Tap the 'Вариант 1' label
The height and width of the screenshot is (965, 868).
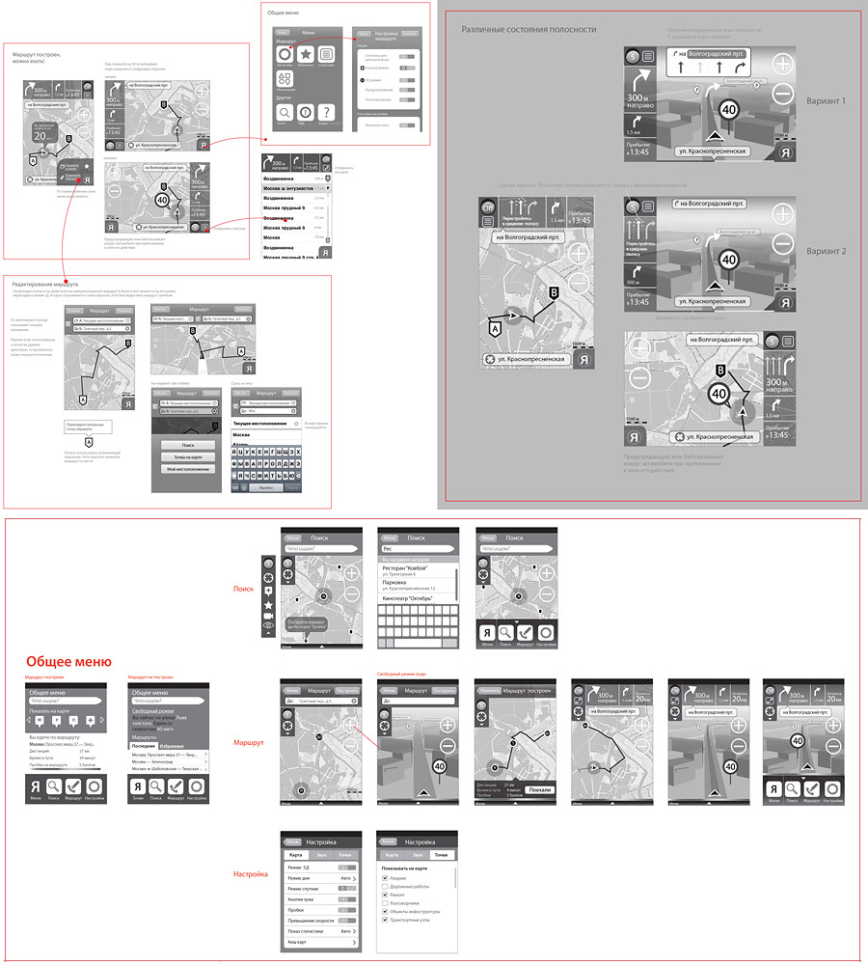[x=825, y=101]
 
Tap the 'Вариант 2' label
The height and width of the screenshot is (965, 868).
[x=825, y=251]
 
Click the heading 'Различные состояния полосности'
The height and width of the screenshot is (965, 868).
[x=529, y=30]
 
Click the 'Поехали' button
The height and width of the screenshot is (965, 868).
[x=541, y=789]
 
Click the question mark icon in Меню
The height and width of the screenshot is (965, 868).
[x=326, y=112]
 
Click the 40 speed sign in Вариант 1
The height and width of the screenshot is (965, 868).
[x=730, y=110]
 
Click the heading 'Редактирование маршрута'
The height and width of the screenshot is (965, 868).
[x=45, y=284]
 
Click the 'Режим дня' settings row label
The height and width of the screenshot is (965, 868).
[x=302, y=878]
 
